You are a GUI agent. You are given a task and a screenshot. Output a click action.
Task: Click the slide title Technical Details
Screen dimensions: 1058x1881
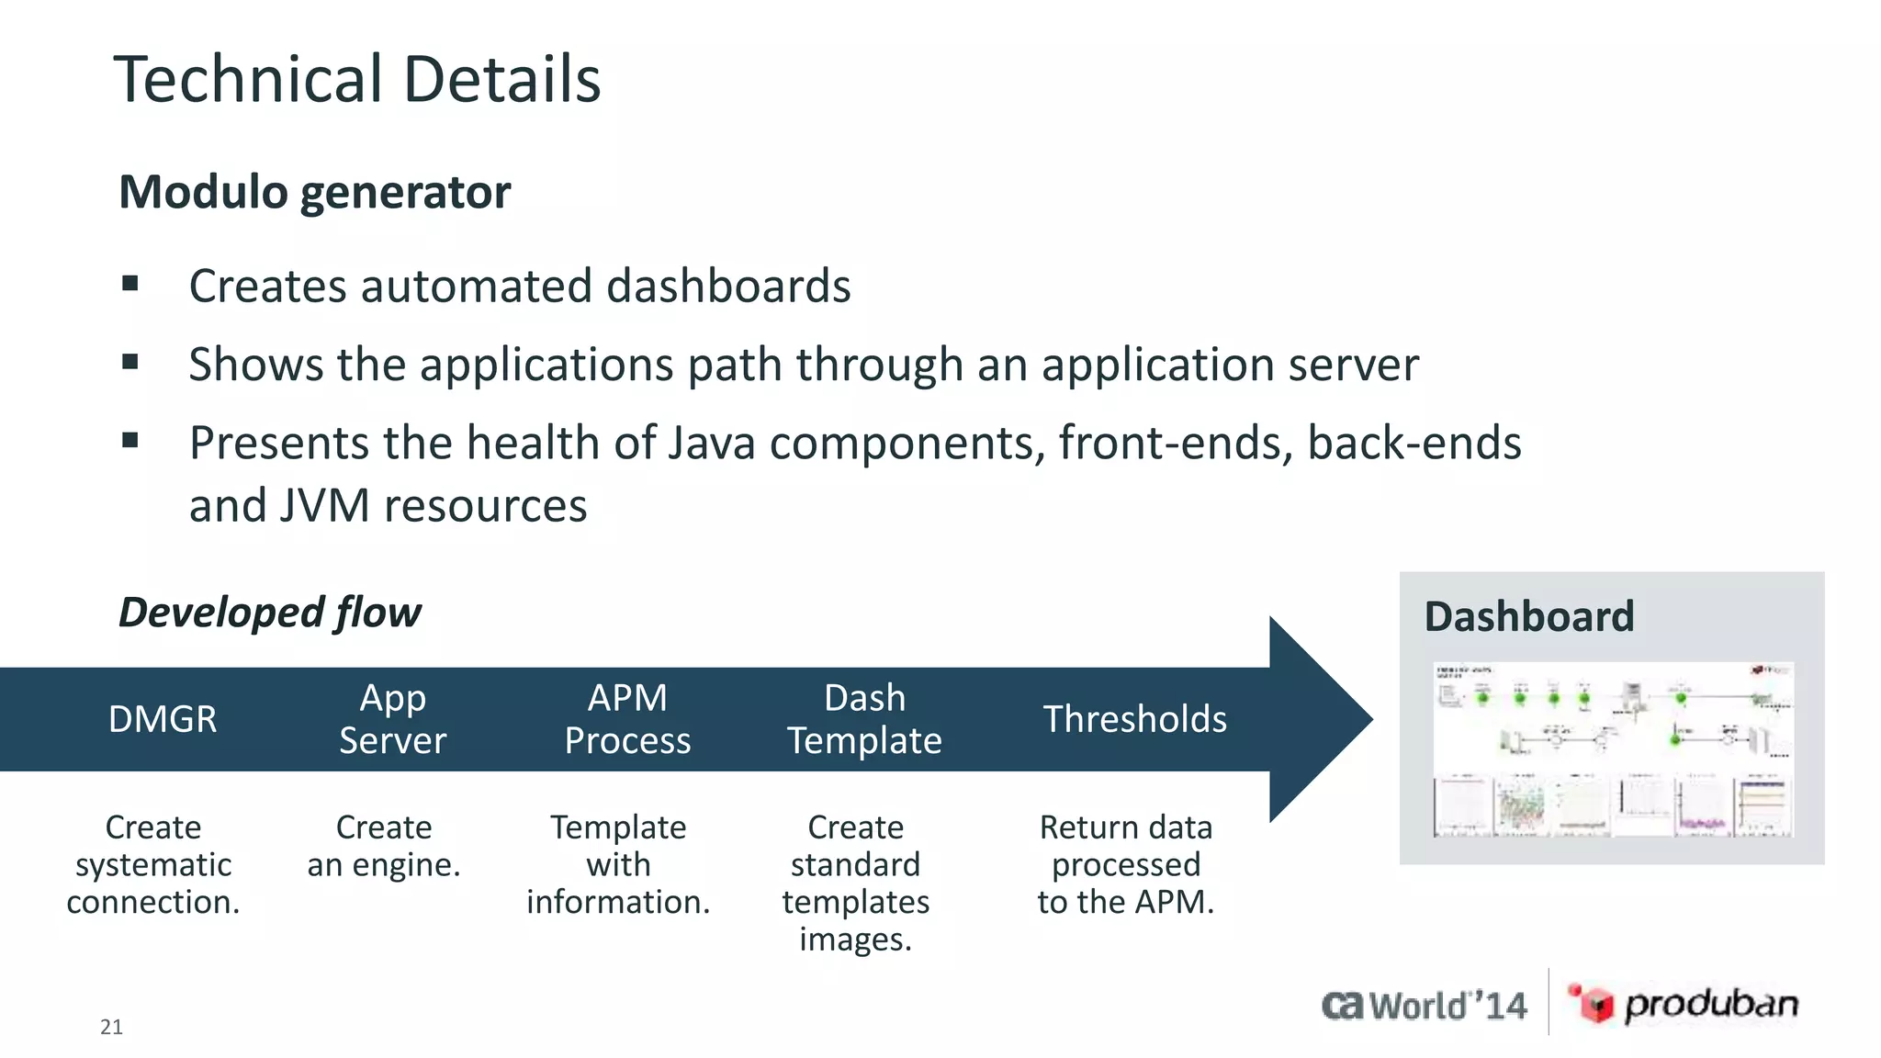[x=356, y=80]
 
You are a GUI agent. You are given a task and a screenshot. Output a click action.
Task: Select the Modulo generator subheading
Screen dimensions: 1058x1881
[x=314, y=192]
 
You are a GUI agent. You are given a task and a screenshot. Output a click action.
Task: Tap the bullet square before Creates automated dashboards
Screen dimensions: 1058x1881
[x=130, y=284]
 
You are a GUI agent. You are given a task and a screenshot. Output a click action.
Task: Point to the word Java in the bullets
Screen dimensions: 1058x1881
[x=712, y=443]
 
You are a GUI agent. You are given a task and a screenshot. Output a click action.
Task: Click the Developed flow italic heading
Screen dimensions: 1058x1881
[x=270, y=613]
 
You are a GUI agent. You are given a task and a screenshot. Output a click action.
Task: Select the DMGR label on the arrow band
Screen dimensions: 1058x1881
[x=163, y=719]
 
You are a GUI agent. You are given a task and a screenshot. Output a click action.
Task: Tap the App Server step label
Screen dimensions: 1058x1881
[x=392, y=719]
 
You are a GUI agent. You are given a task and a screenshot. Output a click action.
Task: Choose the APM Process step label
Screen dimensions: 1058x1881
[x=627, y=719]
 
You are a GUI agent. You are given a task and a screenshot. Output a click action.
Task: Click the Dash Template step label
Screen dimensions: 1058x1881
[x=864, y=719]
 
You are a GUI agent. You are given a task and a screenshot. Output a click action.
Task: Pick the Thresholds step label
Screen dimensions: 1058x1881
[x=1134, y=719]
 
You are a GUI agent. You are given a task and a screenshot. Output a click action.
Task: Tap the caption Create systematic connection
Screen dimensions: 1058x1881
[x=153, y=864]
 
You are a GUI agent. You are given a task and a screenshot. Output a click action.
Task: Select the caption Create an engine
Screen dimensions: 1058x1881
[x=384, y=846]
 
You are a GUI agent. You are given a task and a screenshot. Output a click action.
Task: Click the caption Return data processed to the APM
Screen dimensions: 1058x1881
[x=1125, y=864]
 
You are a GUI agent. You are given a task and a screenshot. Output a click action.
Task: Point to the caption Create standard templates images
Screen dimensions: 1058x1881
[x=855, y=883]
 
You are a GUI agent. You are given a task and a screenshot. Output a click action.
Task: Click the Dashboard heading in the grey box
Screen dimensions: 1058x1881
[x=1528, y=616]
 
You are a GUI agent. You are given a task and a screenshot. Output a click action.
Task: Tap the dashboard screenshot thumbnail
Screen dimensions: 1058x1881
[x=1613, y=748]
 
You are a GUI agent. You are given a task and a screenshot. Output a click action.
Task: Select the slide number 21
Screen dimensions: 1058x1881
[x=111, y=1027]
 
